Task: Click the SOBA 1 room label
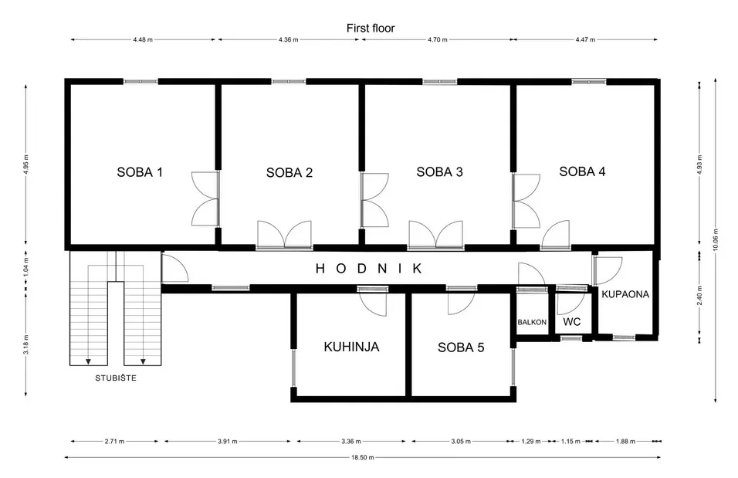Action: [140, 172]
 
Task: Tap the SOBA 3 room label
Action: [439, 172]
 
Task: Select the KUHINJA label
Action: [351, 347]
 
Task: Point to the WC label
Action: [572, 322]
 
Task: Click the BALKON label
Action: [532, 322]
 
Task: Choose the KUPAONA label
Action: [625, 294]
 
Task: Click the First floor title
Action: [371, 29]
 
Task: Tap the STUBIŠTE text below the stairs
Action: [116, 378]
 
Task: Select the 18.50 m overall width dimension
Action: [362, 457]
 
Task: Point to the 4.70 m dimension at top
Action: [437, 39]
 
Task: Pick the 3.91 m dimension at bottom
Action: [227, 441]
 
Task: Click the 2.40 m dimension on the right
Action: [700, 296]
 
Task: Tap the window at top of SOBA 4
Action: [589, 82]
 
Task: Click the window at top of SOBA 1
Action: [140, 82]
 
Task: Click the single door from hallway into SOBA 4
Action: [555, 235]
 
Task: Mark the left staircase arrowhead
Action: [88, 361]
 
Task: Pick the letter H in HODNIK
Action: [320, 269]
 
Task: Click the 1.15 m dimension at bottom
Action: [570, 441]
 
